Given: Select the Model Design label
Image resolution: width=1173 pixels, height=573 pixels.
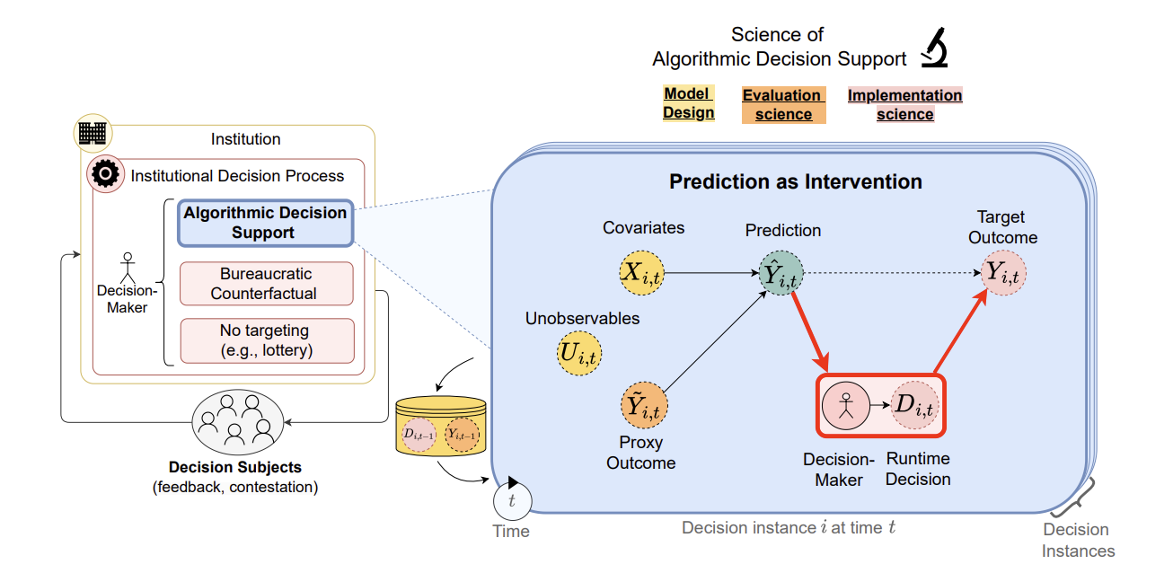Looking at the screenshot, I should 688,103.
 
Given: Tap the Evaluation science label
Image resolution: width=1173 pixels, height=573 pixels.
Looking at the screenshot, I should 782,105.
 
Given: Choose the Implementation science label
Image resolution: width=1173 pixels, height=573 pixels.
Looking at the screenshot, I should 904,105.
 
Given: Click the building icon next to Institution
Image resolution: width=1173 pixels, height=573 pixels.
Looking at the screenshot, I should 93,133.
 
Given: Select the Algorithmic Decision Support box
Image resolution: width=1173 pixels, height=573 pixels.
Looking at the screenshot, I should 265,223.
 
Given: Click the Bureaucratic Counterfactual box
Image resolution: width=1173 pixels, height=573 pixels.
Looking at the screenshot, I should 267,283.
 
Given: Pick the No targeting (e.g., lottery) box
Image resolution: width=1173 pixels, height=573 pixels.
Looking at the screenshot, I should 267,340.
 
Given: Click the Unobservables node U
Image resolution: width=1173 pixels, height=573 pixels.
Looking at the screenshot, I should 579,353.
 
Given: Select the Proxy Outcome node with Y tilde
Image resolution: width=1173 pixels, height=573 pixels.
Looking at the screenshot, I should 644,407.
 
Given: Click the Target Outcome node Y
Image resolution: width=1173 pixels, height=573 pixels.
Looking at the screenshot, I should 1002,272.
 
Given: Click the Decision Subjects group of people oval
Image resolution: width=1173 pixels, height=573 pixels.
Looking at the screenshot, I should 236,420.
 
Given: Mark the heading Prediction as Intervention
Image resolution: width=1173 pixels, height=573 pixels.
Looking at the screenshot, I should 795,181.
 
